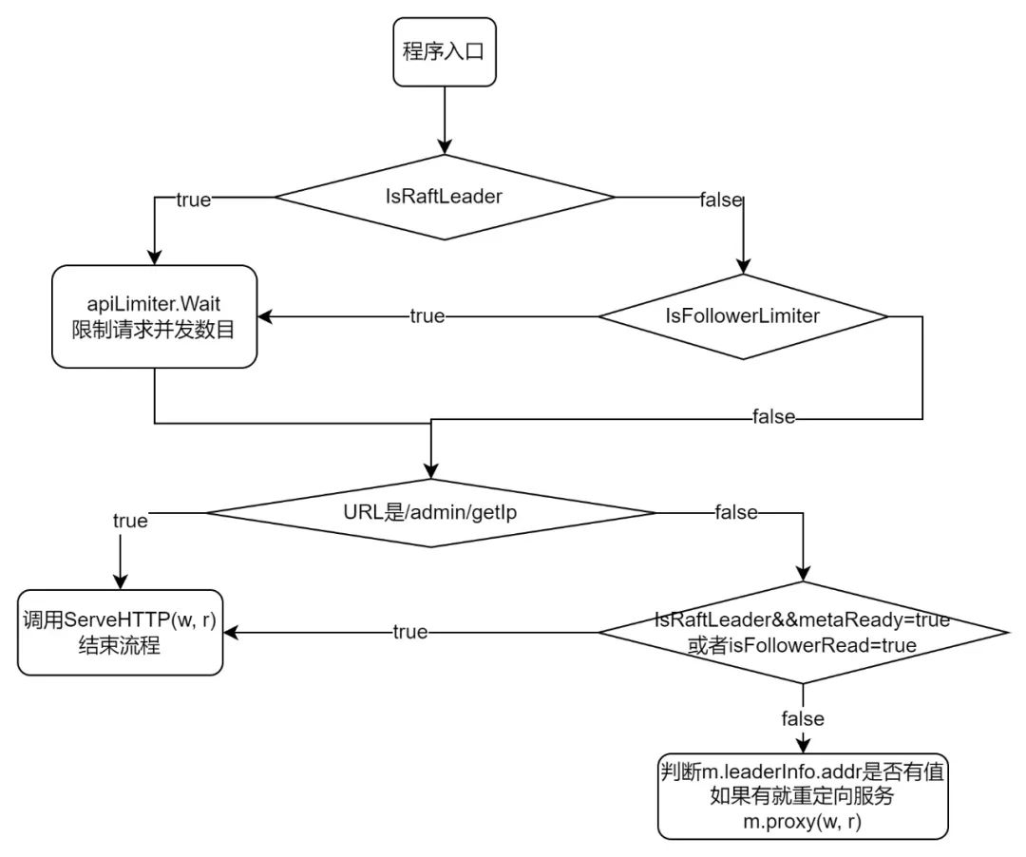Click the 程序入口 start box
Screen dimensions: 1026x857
click(445, 51)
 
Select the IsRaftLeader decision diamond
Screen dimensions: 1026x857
click(445, 197)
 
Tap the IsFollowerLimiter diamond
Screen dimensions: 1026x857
click(743, 316)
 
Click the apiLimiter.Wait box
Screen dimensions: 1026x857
click(155, 316)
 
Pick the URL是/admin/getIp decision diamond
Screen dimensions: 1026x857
click(430, 513)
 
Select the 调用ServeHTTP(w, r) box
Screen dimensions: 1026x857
click(120, 633)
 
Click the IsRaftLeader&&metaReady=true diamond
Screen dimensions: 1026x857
click(803, 633)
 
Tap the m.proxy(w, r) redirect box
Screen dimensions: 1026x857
click(803, 796)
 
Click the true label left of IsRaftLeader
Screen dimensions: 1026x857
click(194, 200)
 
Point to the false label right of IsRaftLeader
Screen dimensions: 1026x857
click(721, 200)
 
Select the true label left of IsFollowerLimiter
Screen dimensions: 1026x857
click(427, 316)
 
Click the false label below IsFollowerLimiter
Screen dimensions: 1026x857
click(774, 417)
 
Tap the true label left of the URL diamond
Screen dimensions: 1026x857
click(130, 521)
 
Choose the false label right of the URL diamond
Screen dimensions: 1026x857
click(736, 512)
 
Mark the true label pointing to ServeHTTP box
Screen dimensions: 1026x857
click(410, 632)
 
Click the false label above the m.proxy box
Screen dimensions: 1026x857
click(803, 719)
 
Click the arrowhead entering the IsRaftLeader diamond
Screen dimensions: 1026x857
click(445, 146)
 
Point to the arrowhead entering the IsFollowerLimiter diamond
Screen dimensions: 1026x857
click(743, 266)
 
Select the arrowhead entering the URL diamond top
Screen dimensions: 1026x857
click(430, 471)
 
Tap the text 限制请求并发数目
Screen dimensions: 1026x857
click(153, 330)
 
